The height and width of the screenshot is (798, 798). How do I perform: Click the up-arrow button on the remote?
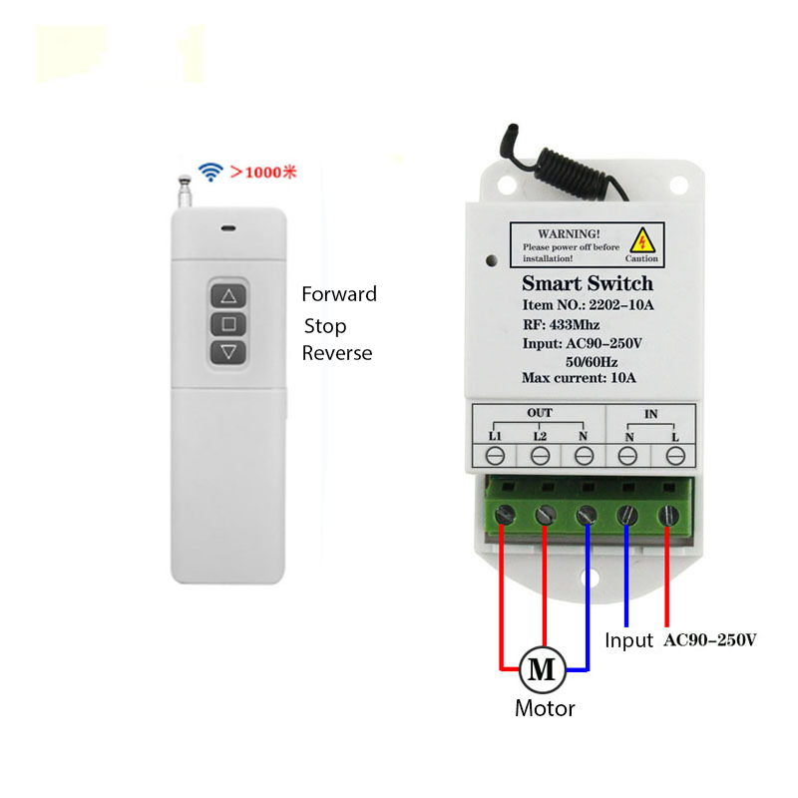pyautogui.click(x=228, y=296)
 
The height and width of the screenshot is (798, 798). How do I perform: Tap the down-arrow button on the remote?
pyautogui.click(x=228, y=351)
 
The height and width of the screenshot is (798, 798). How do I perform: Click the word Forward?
pyautogui.click(x=339, y=294)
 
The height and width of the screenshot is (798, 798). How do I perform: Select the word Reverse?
pyautogui.click(x=337, y=353)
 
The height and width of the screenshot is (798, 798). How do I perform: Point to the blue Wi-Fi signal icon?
pyautogui.click(x=209, y=172)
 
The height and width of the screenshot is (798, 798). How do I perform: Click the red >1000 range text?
pyautogui.click(x=264, y=172)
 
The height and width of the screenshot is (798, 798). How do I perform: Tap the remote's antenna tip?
pyautogui.click(x=183, y=181)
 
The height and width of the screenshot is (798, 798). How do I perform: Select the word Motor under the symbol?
pyautogui.click(x=545, y=709)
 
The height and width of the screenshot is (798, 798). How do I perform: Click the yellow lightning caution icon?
pyautogui.click(x=644, y=239)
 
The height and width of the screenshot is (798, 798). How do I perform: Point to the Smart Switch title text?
pyautogui.click(x=588, y=283)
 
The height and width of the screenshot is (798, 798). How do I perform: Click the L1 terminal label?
pyautogui.click(x=496, y=436)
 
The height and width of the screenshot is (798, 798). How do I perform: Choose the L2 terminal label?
pyautogui.click(x=540, y=436)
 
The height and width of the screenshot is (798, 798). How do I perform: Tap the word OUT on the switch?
pyautogui.click(x=539, y=412)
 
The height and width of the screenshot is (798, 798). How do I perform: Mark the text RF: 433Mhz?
pyautogui.click(x=561, y=324)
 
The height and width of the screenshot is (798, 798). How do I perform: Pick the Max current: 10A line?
pyautogui.click(x=579, y=378)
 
